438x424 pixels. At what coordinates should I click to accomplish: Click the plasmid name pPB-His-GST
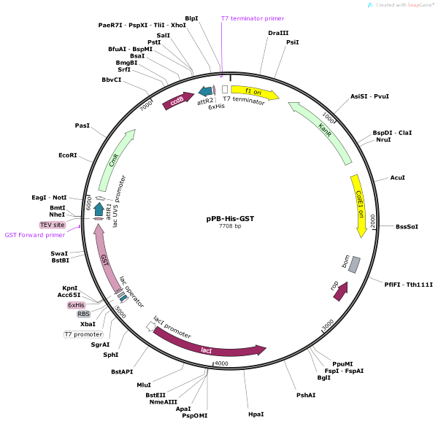(x=230, y=218)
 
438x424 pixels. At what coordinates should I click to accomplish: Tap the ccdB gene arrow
(x=178, y=101)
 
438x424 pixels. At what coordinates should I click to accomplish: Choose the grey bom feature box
(x=353, y=264)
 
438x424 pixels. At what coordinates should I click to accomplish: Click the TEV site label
(x=53, y=226)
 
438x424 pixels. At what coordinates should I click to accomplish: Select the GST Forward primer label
(x=34, y=235)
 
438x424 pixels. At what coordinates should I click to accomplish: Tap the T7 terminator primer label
(x=253, y=18)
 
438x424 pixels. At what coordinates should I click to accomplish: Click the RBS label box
(x=83, y=314)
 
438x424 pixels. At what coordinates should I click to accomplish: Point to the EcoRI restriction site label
(x=68, y=155)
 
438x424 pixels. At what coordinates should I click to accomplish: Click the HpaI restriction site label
(x=255, y=415)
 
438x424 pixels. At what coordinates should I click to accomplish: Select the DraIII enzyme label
(x=278, y=34)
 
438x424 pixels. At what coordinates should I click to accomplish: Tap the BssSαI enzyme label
(x=407, y=226)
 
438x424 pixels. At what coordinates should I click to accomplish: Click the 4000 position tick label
(x=222, y=363)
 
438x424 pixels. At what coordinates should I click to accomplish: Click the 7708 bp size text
(x=230, y=228)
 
